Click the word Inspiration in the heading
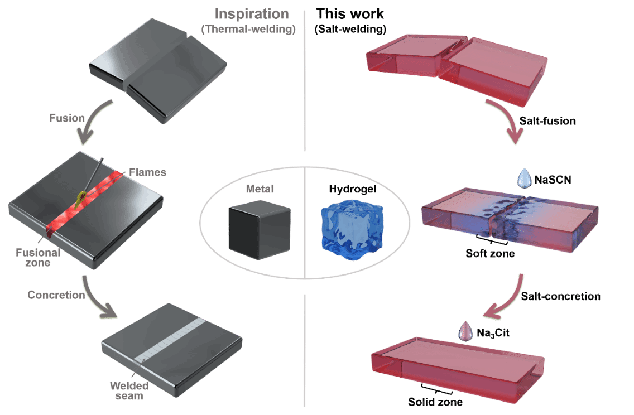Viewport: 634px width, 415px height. coord(252,14)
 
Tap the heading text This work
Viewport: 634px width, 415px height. coord(350,14)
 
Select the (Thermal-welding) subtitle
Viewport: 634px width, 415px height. coord(248,29)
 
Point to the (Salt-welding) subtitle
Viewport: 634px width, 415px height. coord(350,29)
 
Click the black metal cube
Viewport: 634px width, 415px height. coord(259,229)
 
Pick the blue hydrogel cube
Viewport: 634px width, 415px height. coord(352,229)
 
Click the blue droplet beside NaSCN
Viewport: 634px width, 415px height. coord(525,178)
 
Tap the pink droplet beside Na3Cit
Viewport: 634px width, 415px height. coord(465,332)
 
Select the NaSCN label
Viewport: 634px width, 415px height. coord(553,180)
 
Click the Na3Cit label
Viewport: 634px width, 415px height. coord(493,333)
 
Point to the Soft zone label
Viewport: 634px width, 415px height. coord(490,253)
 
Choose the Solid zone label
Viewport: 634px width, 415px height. coord(435,402)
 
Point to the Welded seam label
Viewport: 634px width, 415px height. coord(129,391)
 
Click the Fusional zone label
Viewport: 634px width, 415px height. coord(38,257)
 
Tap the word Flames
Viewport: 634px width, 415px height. coord(147,172)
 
